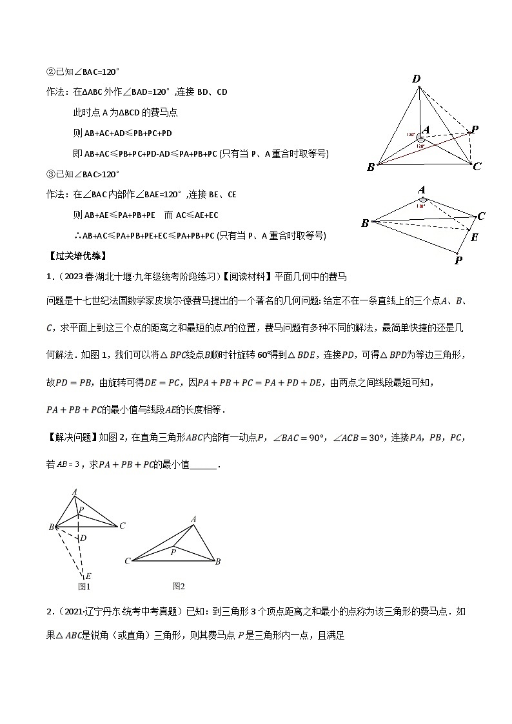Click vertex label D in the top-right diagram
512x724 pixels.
click(x=417, y=79)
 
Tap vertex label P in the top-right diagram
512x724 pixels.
click(x=475, y=130)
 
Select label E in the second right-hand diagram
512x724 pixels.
click(x=475, y=237)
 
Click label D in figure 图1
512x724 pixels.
click(x=84, y=537)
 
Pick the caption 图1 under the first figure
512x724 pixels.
click(x=83, y=587)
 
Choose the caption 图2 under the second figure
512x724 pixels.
click(x=179, y=586)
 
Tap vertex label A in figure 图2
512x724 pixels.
click(x=193, y=519)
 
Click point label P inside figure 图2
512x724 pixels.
click(x=173, y=552)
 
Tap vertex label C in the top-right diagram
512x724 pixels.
click(x=477, y=167)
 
